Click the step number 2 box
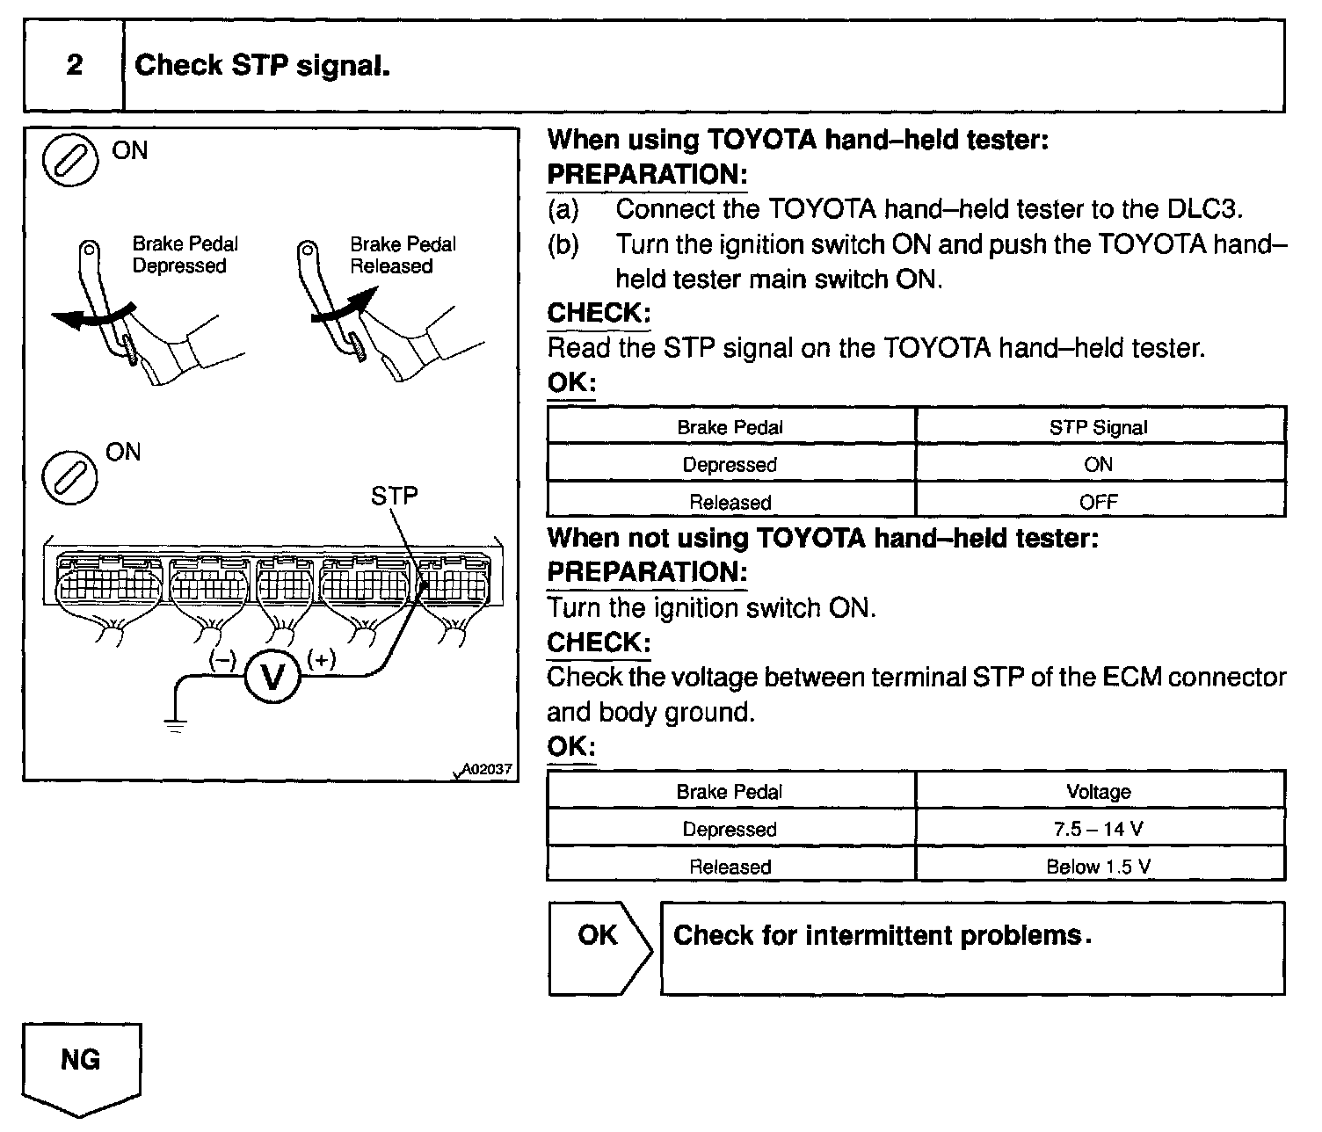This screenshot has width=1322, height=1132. [x=74, y=66]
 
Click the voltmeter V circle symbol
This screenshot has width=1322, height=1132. [x=272, y=678]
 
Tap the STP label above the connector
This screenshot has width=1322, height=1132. [x=394, y=497]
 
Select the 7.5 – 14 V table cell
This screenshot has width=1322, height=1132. [x=1099, y=829]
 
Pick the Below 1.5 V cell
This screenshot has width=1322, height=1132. [x=1099, y=867]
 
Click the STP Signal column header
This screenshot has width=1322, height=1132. [x=1099, y=428]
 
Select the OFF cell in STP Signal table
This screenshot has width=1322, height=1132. [x=1099, y=502]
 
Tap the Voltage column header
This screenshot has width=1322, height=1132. [x=1099, y=792]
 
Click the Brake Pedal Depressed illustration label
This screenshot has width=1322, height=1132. [x=185, y=255]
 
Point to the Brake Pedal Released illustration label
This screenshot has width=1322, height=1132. [x=403, y=255]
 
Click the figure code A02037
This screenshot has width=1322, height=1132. [x=486, y=769]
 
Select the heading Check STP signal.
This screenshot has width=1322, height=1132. [x=263, y=66]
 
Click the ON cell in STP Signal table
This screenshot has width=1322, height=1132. [x=1099, y=465]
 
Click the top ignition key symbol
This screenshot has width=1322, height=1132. [x=69, y=161]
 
